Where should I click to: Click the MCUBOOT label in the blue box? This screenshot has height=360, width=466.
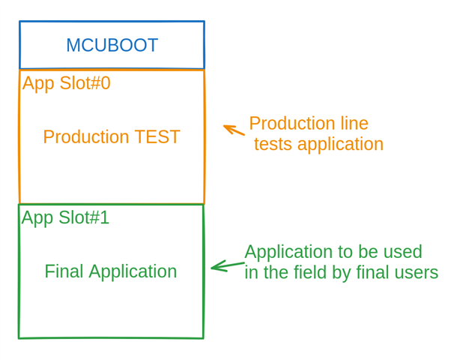112,45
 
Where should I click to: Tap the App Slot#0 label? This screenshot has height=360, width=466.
66,83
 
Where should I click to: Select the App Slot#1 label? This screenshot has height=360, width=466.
65,217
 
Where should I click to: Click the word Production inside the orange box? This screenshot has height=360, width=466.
85,137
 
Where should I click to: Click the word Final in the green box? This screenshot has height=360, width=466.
63,271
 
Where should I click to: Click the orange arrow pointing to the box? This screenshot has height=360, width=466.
234,130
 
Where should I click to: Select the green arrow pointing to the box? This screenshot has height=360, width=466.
227,265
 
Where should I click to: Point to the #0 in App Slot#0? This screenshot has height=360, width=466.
100,83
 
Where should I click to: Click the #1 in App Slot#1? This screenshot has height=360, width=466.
99,217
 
